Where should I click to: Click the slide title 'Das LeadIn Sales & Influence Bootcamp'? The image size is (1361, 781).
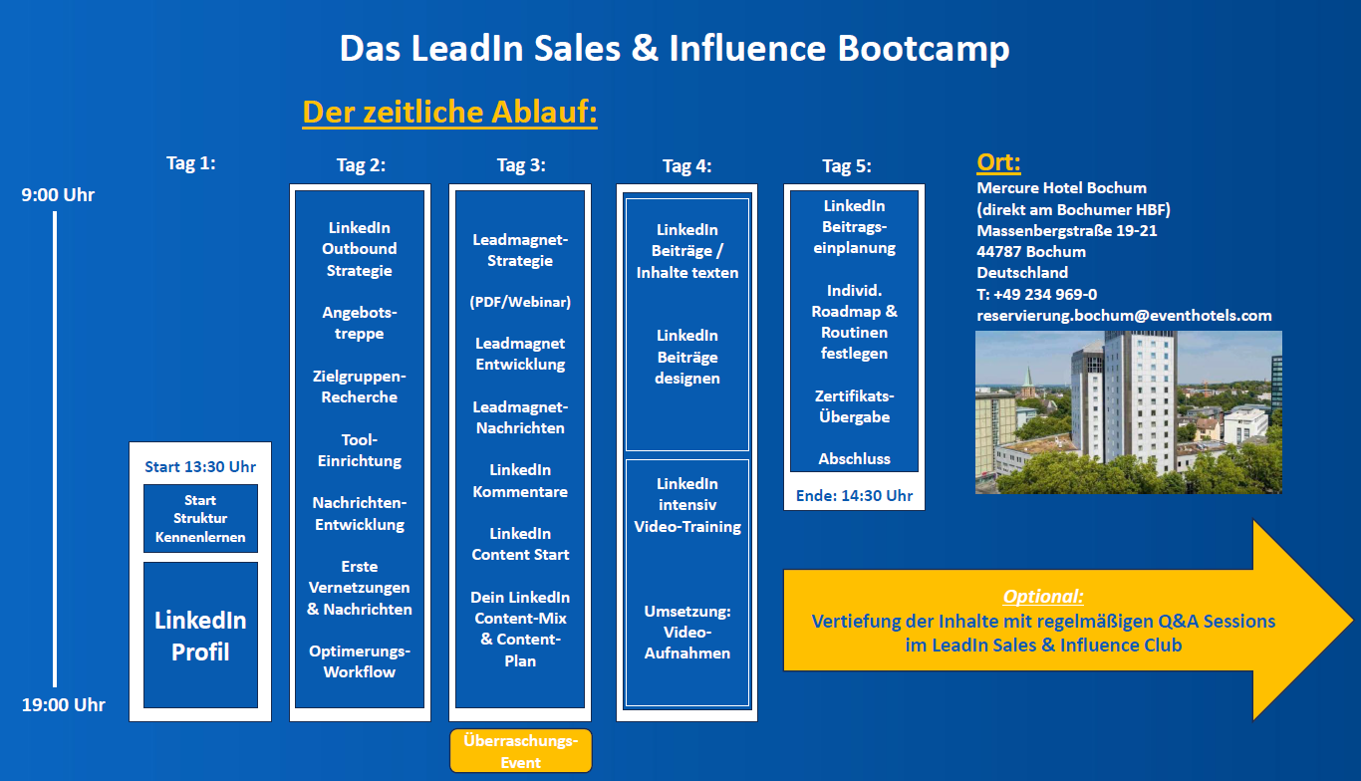tap(675, 48)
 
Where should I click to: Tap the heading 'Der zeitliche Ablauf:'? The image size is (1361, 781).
tap(449, 112)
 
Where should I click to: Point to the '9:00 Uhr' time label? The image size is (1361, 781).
tap(59, 194)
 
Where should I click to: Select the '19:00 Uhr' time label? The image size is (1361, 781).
tap(64, 705)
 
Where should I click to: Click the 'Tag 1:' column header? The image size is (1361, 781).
tap(191, 163)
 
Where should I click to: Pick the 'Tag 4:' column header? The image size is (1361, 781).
tap(687, 166)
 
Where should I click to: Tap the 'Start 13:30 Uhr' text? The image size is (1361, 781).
tap(200, 466)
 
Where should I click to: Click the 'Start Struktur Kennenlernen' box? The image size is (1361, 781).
tap(200, 518)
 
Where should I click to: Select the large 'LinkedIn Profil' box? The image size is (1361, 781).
tap(200, 635)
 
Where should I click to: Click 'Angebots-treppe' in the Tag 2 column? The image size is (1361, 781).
tap(360, 323)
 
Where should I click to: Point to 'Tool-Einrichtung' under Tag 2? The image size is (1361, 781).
tap(360, 450)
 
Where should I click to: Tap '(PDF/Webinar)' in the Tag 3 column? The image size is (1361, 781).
tap(520, 302)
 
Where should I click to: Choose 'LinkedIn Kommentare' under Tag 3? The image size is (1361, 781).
tap(520, 480)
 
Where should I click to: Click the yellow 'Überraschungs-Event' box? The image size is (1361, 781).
tap(520, 751)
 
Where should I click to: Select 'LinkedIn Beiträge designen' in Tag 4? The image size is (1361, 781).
tap(687, 357)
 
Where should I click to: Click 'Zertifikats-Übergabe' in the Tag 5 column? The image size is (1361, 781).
tap(854, 406)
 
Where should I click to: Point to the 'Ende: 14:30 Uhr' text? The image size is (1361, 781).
tap(854, 495)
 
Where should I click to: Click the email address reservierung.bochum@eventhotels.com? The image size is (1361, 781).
tap(1124, 315)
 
